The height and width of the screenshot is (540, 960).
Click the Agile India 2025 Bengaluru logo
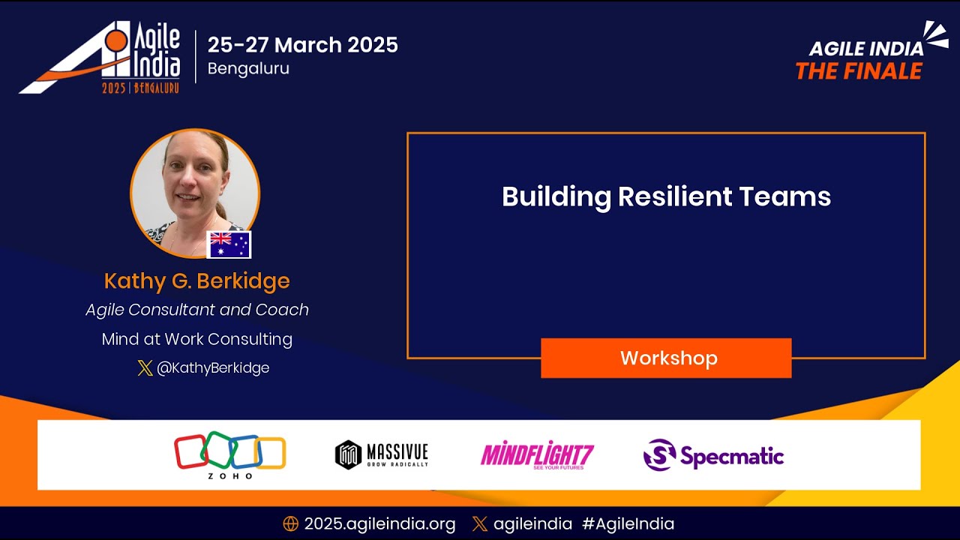pyautogui.click(x=101, y=58)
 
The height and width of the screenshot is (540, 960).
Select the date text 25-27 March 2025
pyautogui.click(x=302, y=45)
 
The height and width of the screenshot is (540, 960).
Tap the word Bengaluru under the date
pyautogui.click(x=248, y=69)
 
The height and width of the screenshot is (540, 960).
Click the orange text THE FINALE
pyautogui.click(x=859, y=72)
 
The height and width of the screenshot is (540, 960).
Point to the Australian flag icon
pyautogui.click(x=229, y=244)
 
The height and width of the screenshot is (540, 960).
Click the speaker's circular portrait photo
pyautogui.click(x=195, y=187)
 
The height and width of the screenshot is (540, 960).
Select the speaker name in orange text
pyautogui.click(x=196, y=281)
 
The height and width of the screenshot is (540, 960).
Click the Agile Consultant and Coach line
pyautogui.click(x=196, y=310)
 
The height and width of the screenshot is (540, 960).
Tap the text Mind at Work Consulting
pyautogui.click(x=196, y=339)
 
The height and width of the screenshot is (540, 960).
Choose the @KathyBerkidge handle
pyautogui.click(x=212, y=368)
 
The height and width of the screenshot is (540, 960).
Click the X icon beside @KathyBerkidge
pyautogui.click(x=145, y=368)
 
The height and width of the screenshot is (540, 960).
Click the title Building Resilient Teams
pyautogui.click(x=666, y=196)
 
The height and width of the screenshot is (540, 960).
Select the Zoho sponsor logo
pyautogui.click(x=230, y=454)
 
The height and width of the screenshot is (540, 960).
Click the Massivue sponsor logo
pyautogui.click(x=382, y=454)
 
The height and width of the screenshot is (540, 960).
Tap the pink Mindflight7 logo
pyautogui.click(x=537, y=454)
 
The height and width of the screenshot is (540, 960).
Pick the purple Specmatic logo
pyautogui.click(x=713, y=455)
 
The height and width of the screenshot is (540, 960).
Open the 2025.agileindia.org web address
pyautogui.click(x=379, y=524)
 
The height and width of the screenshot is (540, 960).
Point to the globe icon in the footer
pyautogui.click(x=290, y=524)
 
